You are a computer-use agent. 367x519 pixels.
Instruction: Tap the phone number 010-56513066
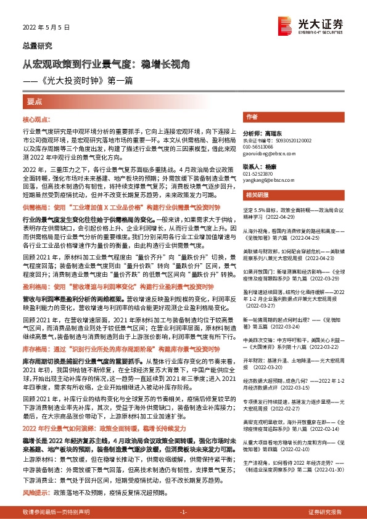pos(258,148)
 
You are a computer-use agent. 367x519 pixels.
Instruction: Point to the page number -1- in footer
pos(183,512)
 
